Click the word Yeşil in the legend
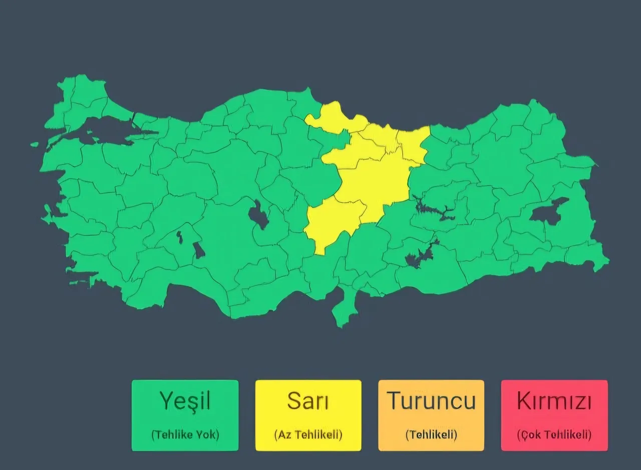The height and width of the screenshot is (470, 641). point(185,401)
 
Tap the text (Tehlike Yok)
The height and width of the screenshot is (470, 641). point(185,434)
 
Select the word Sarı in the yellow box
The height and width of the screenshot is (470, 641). point(308,401)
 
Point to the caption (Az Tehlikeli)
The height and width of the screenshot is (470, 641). point(308,434)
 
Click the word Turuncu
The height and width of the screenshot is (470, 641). point(431,401)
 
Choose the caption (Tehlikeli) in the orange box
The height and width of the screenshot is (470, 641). point(431,434)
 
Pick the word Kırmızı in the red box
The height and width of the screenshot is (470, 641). point(554,401)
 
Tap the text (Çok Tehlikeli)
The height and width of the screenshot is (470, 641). point(554,434)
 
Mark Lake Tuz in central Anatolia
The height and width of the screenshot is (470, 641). point(259,215)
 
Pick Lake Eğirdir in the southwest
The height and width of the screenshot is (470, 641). point(179,237)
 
